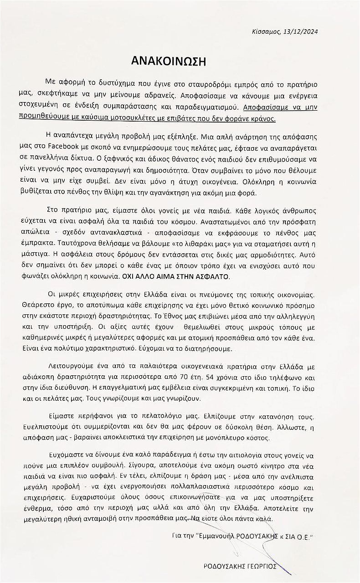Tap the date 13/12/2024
[x=301, y=31]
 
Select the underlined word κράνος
[x=264, y=118]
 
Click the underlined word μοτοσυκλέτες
[x=136, y=118]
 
